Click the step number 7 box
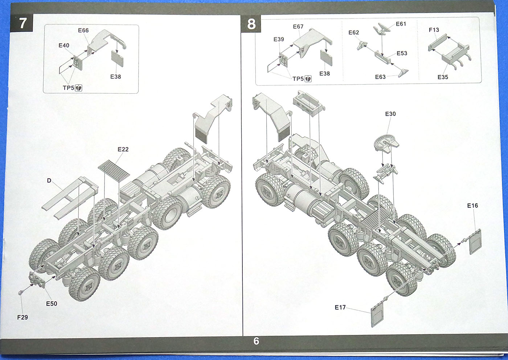23,23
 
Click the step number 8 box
251,24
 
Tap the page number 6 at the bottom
256,341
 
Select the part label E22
123,150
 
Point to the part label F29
22,317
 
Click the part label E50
52,304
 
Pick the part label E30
390,114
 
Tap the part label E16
472,206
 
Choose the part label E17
340,307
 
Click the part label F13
434,30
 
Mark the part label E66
83,30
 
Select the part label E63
380,77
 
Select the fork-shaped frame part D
69,200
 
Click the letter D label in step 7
49,180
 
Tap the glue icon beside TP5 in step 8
308,79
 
